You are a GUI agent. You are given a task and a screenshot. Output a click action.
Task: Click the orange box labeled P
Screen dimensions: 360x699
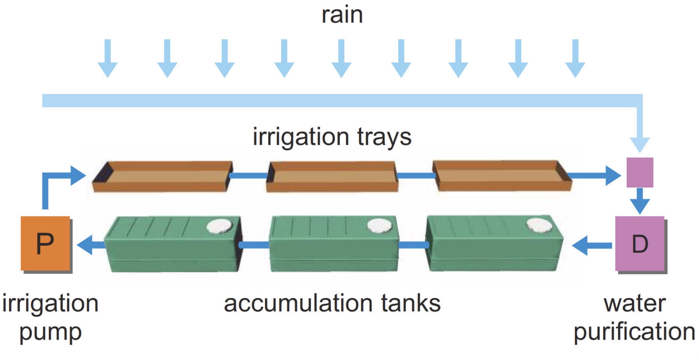(x=45, y=243)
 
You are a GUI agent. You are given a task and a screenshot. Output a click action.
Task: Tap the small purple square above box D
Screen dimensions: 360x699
(x=640, y=172)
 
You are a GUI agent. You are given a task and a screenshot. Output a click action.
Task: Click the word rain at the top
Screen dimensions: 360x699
(x=342, y=15)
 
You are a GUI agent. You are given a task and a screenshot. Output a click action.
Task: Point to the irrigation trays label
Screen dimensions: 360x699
(x=332, y=137)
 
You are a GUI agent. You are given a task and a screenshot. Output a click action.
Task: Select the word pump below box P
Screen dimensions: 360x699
(x=51, y=333)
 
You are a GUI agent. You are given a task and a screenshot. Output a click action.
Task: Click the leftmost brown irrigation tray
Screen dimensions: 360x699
(x=163, y=176)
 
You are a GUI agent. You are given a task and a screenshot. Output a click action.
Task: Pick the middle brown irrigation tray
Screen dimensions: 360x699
(x=332, y=176)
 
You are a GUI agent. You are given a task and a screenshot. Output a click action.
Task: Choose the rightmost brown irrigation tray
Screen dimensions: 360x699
(x=502, y=176)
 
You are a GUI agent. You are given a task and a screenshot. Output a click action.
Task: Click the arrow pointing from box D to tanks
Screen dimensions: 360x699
(x=591, y=245)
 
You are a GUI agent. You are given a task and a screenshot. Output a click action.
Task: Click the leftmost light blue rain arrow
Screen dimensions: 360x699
(x=108, y=59)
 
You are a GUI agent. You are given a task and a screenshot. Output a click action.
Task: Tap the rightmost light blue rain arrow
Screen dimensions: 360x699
(x=575, y=59)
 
